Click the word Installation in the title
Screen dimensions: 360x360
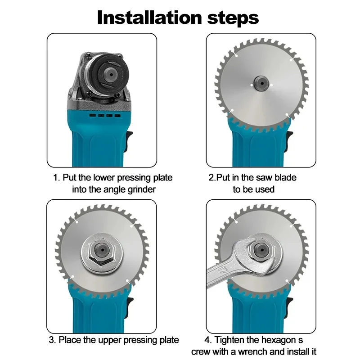(x=149, y=18)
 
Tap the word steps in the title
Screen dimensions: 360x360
(x=233, y=18)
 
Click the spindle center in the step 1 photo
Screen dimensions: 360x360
(x=111, y=74)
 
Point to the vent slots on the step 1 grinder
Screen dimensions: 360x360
(x=105, y=115)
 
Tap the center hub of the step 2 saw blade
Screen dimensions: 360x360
(x=261, y=83)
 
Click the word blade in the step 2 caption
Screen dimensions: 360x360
(x=285, y=178)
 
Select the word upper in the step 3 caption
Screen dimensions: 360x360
(x=110, y=340)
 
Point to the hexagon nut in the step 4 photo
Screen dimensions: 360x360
(x=261, y=250)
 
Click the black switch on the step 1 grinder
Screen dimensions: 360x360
(x=129, y=141)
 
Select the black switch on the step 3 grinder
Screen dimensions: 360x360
(x=129, y=307)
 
